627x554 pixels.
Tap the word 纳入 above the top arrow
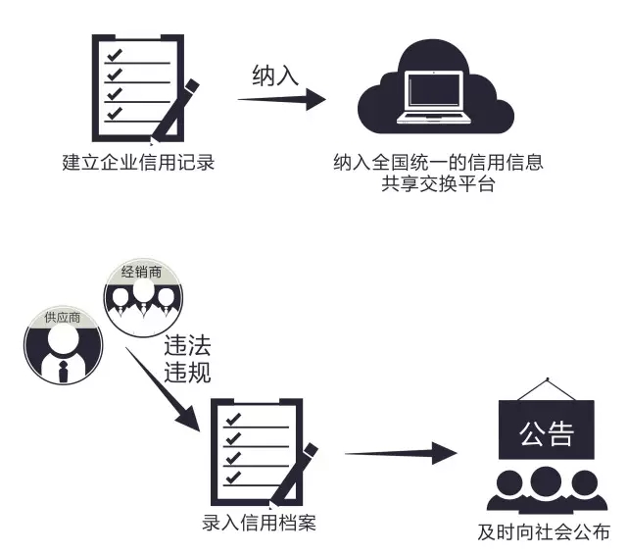pos(274,76)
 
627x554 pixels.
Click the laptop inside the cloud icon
pos(438,97)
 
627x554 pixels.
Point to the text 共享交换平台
pos(438,183)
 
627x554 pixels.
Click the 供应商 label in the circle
pos(62,320)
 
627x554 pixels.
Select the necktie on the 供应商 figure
pos(63,372)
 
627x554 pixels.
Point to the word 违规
pos(187,372)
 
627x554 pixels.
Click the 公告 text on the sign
pos(546,432)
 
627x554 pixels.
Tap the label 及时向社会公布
pos(544,533)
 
